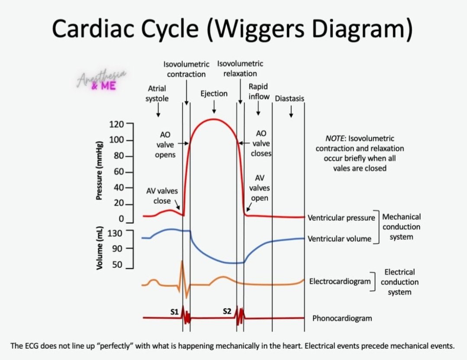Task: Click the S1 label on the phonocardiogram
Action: (174, 311)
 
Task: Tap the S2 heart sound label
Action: (227, 311)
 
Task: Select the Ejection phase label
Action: (214, 94)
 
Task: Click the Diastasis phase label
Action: (290, 98)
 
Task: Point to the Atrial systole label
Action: (157, 94)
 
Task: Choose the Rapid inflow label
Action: (258, 91)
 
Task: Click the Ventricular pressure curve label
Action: (341, 217)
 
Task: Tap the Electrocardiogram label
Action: (340, 282)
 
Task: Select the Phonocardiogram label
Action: (342, 318)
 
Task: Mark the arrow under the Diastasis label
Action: (291, 112)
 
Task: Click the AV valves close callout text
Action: (162, 196)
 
